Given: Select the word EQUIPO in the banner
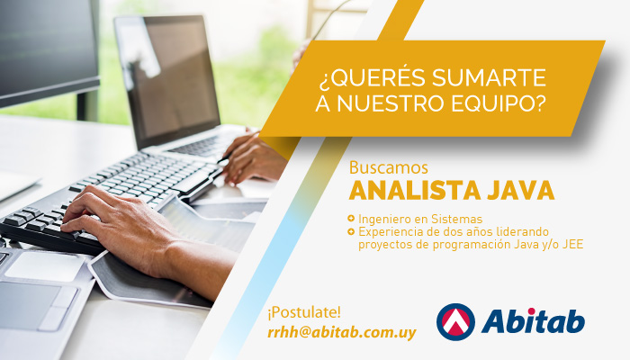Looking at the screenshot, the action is (x=499, y=103).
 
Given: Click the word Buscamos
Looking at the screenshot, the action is (x=389, y=167).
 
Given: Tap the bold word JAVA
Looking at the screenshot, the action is (x=521, y=191).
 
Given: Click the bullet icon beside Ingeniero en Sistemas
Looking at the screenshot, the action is (x=351, y=219).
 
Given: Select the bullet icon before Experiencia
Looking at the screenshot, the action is (x=351, y=231).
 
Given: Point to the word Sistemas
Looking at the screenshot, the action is (x=456, y=219).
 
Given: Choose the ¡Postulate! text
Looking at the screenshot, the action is (x=304, y=312).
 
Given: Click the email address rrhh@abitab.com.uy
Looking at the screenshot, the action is (x=342, y=332).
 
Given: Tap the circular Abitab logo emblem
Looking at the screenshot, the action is (x=455, y=322).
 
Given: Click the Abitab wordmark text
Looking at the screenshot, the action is (x=533, y=321).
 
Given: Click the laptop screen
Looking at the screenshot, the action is (x=168, y=80).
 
